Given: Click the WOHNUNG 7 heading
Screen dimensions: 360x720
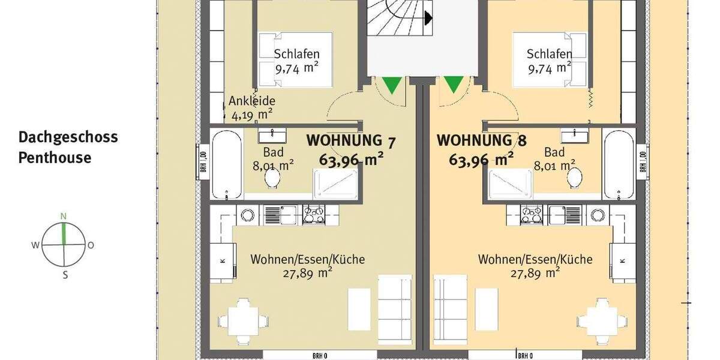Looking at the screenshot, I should [351, 140].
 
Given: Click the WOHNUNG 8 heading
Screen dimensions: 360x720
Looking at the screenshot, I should [481, 140].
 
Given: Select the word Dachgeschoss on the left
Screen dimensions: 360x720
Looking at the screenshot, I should [68, 137].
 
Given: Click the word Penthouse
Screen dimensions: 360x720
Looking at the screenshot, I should [55, 158].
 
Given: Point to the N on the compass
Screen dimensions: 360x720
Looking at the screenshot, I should [63, 217].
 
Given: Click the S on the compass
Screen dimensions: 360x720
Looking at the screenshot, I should [65, 275].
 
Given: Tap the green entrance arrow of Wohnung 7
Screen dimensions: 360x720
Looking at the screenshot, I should [392, 85].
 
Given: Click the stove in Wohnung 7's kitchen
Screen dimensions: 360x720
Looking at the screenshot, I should [313, 214].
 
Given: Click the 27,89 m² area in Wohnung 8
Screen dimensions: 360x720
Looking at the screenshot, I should [535, 273].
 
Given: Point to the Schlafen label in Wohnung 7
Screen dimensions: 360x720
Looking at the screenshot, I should [296, 54].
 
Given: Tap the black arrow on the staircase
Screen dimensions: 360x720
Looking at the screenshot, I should [428, 19].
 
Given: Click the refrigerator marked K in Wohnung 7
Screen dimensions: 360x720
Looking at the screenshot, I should [221, 261].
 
